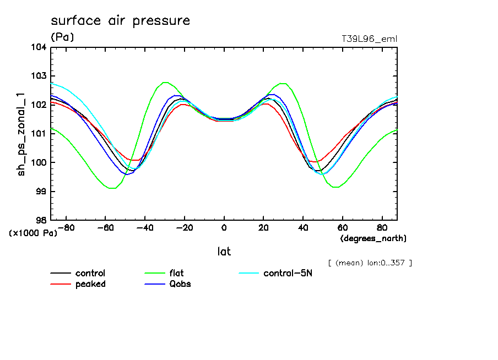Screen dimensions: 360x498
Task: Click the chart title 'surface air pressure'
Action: tap(120, 21)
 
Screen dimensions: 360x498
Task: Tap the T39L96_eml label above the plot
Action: tap(370, 39)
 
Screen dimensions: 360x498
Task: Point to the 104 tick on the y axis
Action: tap(39, 47)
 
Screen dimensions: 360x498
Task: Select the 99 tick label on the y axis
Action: tap(41, 192)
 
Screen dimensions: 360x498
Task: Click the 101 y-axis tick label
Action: tap(39, 134)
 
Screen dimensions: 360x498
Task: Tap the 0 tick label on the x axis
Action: tap(224, 228)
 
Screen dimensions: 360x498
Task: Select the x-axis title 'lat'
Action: tap(224, 252)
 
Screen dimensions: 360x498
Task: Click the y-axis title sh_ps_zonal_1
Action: tap(22, 133)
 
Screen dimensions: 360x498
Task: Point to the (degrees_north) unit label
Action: tap(373, 238)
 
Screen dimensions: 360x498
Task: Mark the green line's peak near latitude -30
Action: tap(165, 82)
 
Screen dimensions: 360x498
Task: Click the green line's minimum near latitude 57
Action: tap(335, 187)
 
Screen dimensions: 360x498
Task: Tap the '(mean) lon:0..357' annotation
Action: tap(370, 263)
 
